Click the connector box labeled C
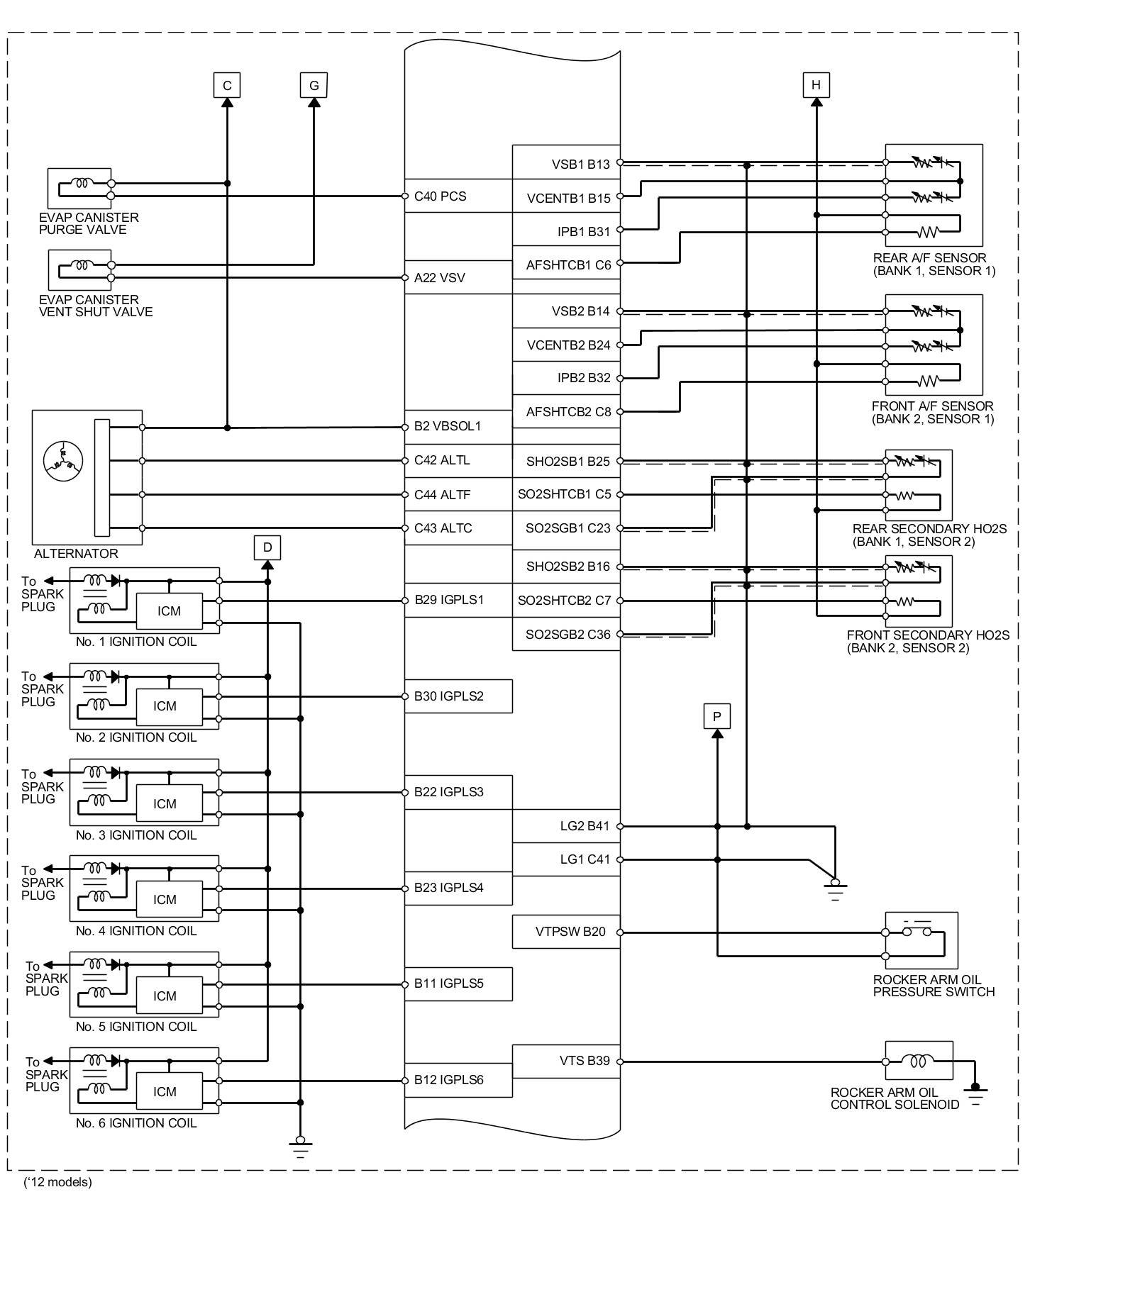(x=227, y=86)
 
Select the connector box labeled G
(x=314, y=86)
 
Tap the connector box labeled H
(x=816, y=85)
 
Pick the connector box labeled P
(x=716, y=716)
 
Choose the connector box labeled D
(x=267, y=547)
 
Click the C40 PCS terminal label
(x=440, y=196)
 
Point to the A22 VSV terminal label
(x=439, y=278)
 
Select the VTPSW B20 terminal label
(x=570, y=932)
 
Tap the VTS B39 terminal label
(x=584, y=1061)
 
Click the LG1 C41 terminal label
(x=585, y=859)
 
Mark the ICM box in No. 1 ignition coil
(x=169, y=611)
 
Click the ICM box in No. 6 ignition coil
(x=165, y=1092)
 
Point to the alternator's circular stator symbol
(x=63, y=460)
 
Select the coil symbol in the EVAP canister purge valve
(x=82, y=183)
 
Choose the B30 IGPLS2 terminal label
(x=448, y=696)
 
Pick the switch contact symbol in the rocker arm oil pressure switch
(x=917, y=930)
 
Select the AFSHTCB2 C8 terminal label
(x=568, y=412)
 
